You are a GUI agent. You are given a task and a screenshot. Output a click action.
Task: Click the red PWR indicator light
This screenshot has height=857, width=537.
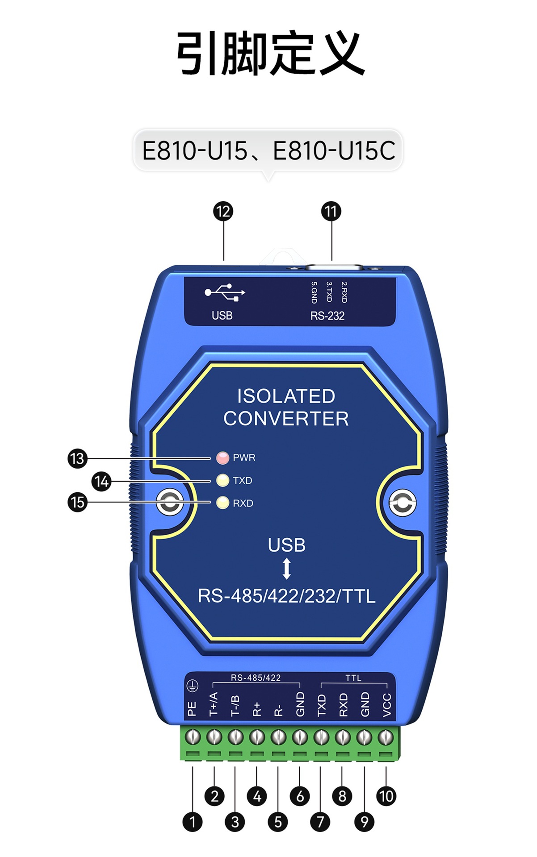[x=222, y=458]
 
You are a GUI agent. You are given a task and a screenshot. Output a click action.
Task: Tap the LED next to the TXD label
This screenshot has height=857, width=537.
[x=222, y=480]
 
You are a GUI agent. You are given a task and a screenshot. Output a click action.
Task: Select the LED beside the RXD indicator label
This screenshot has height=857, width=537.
[x=222, y=503]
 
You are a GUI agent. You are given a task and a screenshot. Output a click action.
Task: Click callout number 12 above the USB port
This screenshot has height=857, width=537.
[x=223, y=211]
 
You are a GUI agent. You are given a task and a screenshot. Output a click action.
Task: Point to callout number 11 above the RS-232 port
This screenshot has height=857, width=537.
[x=331, y=211]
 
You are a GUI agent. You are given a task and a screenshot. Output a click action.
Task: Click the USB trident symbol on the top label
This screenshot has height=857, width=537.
[x=225, y=292]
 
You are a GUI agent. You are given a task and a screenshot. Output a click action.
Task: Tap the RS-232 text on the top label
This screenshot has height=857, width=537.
[x=327, y=316]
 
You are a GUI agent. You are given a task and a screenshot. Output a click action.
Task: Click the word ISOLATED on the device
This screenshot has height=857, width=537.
[x=286, y=396]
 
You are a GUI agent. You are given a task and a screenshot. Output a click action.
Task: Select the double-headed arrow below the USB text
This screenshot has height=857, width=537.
[x=287, y=569]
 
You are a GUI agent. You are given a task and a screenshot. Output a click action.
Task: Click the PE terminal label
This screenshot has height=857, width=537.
[x=192, y=709]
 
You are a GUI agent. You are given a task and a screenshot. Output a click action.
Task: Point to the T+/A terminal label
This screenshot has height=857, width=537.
[x=214, y=704]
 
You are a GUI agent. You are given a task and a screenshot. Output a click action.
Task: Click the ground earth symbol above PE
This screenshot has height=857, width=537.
[x=192, y=686]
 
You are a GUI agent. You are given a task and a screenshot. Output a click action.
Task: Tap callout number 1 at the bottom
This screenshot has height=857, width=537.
[x=193, y=822]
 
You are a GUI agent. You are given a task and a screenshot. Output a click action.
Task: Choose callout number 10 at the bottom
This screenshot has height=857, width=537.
[x=386, y=796]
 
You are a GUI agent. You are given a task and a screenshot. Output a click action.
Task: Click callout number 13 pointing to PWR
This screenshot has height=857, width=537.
[x=77, y=458]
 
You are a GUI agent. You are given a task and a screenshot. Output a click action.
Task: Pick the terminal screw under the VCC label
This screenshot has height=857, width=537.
[x=386, y=737]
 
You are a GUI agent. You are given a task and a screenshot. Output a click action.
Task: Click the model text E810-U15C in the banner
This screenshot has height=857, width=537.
[x=334, y=150]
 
